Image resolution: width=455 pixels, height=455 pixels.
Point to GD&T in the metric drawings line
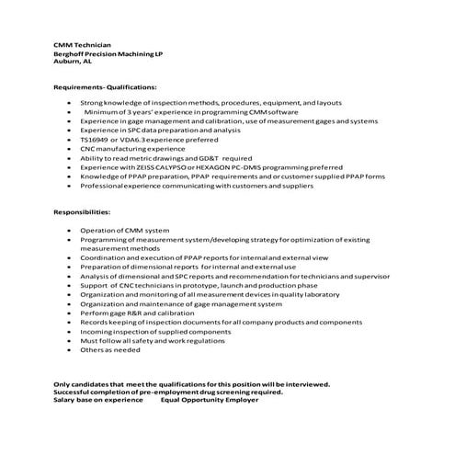(x=210, y=158)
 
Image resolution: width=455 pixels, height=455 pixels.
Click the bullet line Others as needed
(x=110, y=349)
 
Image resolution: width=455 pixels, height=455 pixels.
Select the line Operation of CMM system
(x=125, y=229)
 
